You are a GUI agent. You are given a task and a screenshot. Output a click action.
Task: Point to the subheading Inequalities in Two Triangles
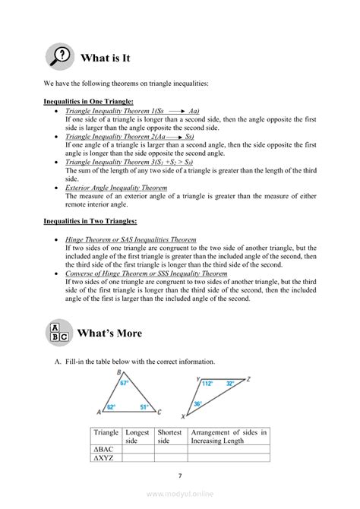pos(90,221)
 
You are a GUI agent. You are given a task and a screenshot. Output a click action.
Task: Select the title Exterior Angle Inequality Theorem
pos(116,187)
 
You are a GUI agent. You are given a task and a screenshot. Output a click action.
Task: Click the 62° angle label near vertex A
pos(111,407)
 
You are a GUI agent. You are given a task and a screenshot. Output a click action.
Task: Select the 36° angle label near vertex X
pos(198,403)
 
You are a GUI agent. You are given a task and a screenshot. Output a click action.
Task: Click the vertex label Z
pos(248,378)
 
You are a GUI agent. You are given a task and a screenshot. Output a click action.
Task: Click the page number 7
pos(180,476)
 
